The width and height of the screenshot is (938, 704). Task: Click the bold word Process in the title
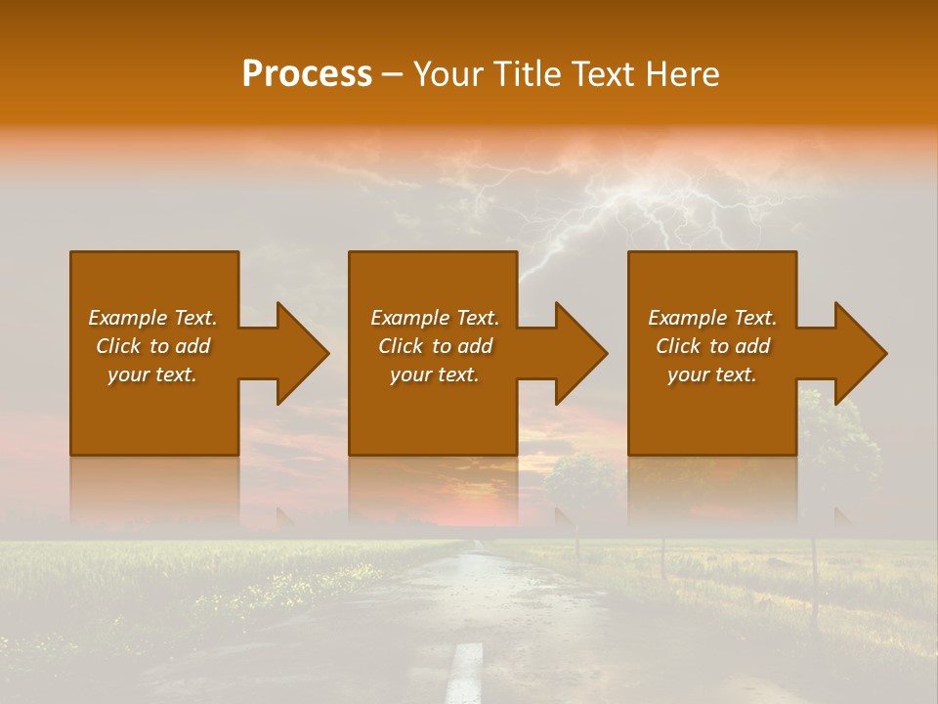click(x=307, y=74)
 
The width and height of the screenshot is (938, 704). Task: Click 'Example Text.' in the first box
click(x=152, y=318)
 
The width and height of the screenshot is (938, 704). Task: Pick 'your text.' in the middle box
click(x=434, y=374)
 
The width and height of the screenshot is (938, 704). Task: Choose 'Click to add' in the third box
click(x=712, y=346)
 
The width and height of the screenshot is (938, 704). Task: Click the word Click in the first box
click(x=119, y=346)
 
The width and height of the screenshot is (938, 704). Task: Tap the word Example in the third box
click(x=687, y=318)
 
